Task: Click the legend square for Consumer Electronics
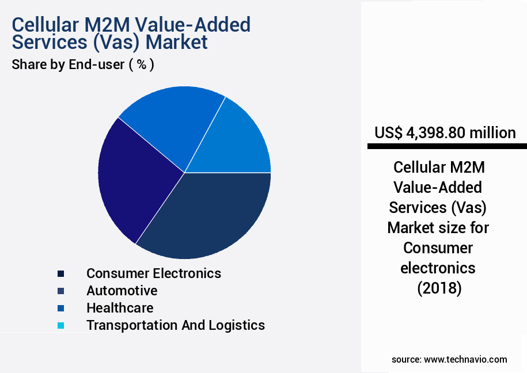click(60, 273)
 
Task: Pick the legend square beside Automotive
click(60, 291)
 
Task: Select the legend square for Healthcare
click(60, 308)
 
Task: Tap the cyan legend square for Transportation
click(60, 325)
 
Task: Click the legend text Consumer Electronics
click(153, 273)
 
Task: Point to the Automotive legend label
click(122, 291)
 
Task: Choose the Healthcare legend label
click(120, 308)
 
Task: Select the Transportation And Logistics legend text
click(176, 325)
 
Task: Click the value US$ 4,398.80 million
click(445, 133)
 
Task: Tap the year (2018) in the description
click(439, 288)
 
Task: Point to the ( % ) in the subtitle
click(141, 65)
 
